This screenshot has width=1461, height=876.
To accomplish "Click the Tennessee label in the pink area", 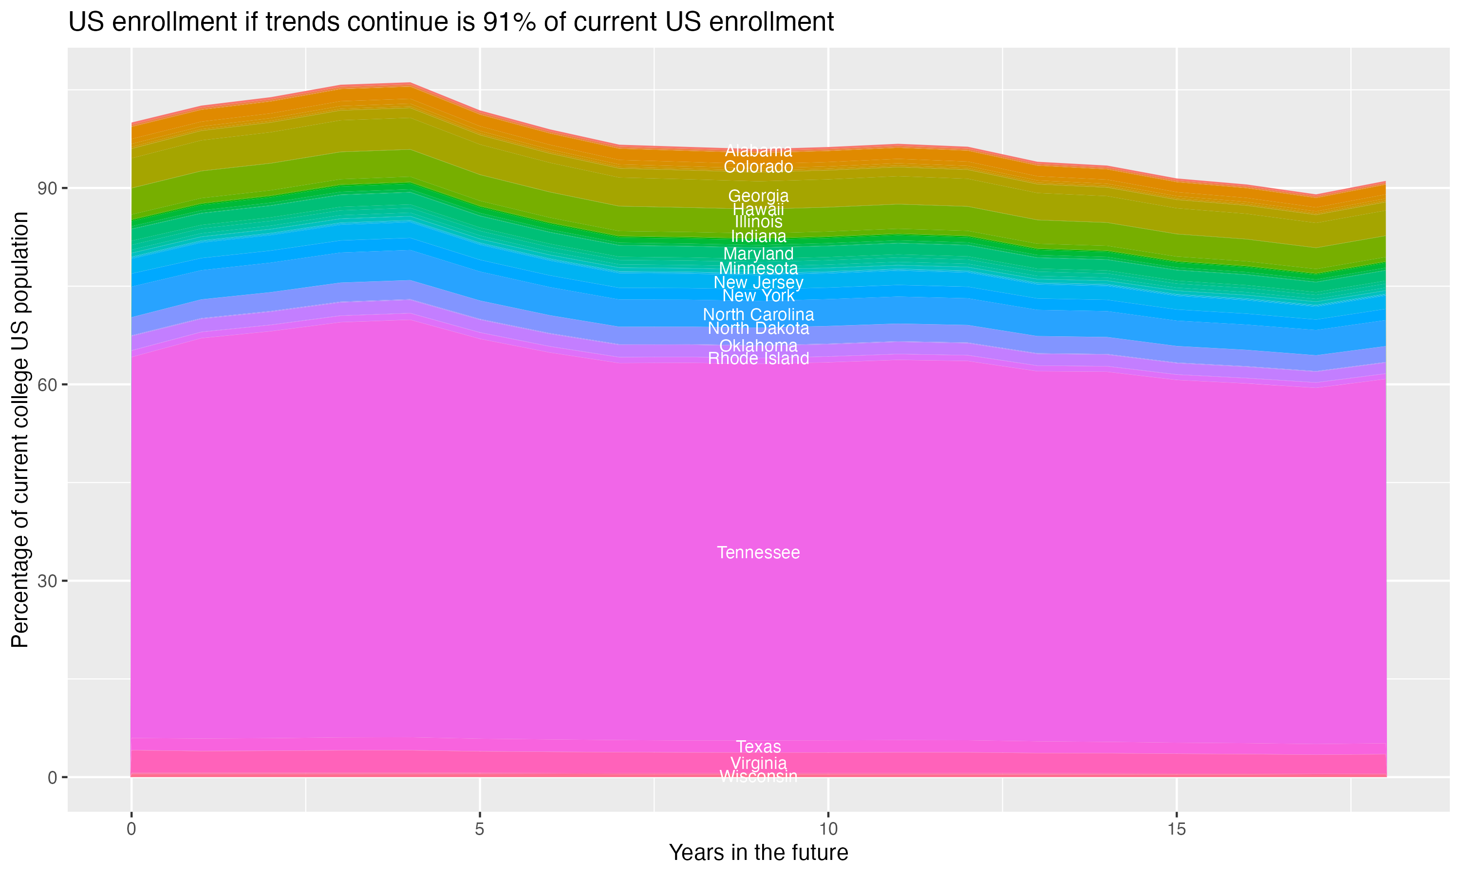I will (x=758, y=552).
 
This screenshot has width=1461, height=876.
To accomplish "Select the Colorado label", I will (x=758, y=167).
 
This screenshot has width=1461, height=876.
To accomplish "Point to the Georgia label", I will (x=758, y=195).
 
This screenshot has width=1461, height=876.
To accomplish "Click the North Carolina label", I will (x=758, y=314).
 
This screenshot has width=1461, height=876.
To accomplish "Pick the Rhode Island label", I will (x=758, y=359).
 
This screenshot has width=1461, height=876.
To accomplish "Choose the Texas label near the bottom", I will (x=758, y=747).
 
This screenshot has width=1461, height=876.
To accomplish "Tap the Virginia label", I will (x=758, y=763).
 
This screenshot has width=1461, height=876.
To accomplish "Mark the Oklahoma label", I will (x=758, y=346).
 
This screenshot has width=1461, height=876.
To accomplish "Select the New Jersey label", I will (x=758, y=283).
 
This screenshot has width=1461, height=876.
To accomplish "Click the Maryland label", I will (x=758, y=254).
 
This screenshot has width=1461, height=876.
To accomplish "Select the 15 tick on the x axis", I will (x=1177, y=829).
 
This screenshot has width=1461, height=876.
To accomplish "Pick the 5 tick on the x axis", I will (x=480, y=829).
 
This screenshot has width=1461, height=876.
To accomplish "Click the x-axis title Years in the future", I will (x=758, y=853).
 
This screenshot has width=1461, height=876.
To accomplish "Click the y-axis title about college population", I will (x=20, y=429).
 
